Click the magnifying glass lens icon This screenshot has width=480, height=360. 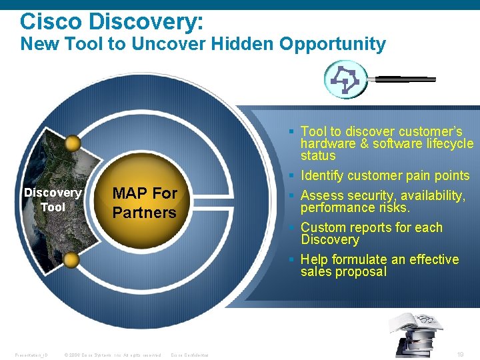(x=345, y=79)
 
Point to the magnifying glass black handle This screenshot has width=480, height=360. (x=404, y=79)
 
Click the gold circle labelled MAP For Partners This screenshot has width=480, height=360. (x=144, y=203)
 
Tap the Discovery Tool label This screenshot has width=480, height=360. (x=53, y=200)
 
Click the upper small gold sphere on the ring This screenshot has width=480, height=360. (x=73, y=143)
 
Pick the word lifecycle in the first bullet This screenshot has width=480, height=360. (x=448, y=143)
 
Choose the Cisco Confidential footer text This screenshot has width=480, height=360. (x=190, y=355)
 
